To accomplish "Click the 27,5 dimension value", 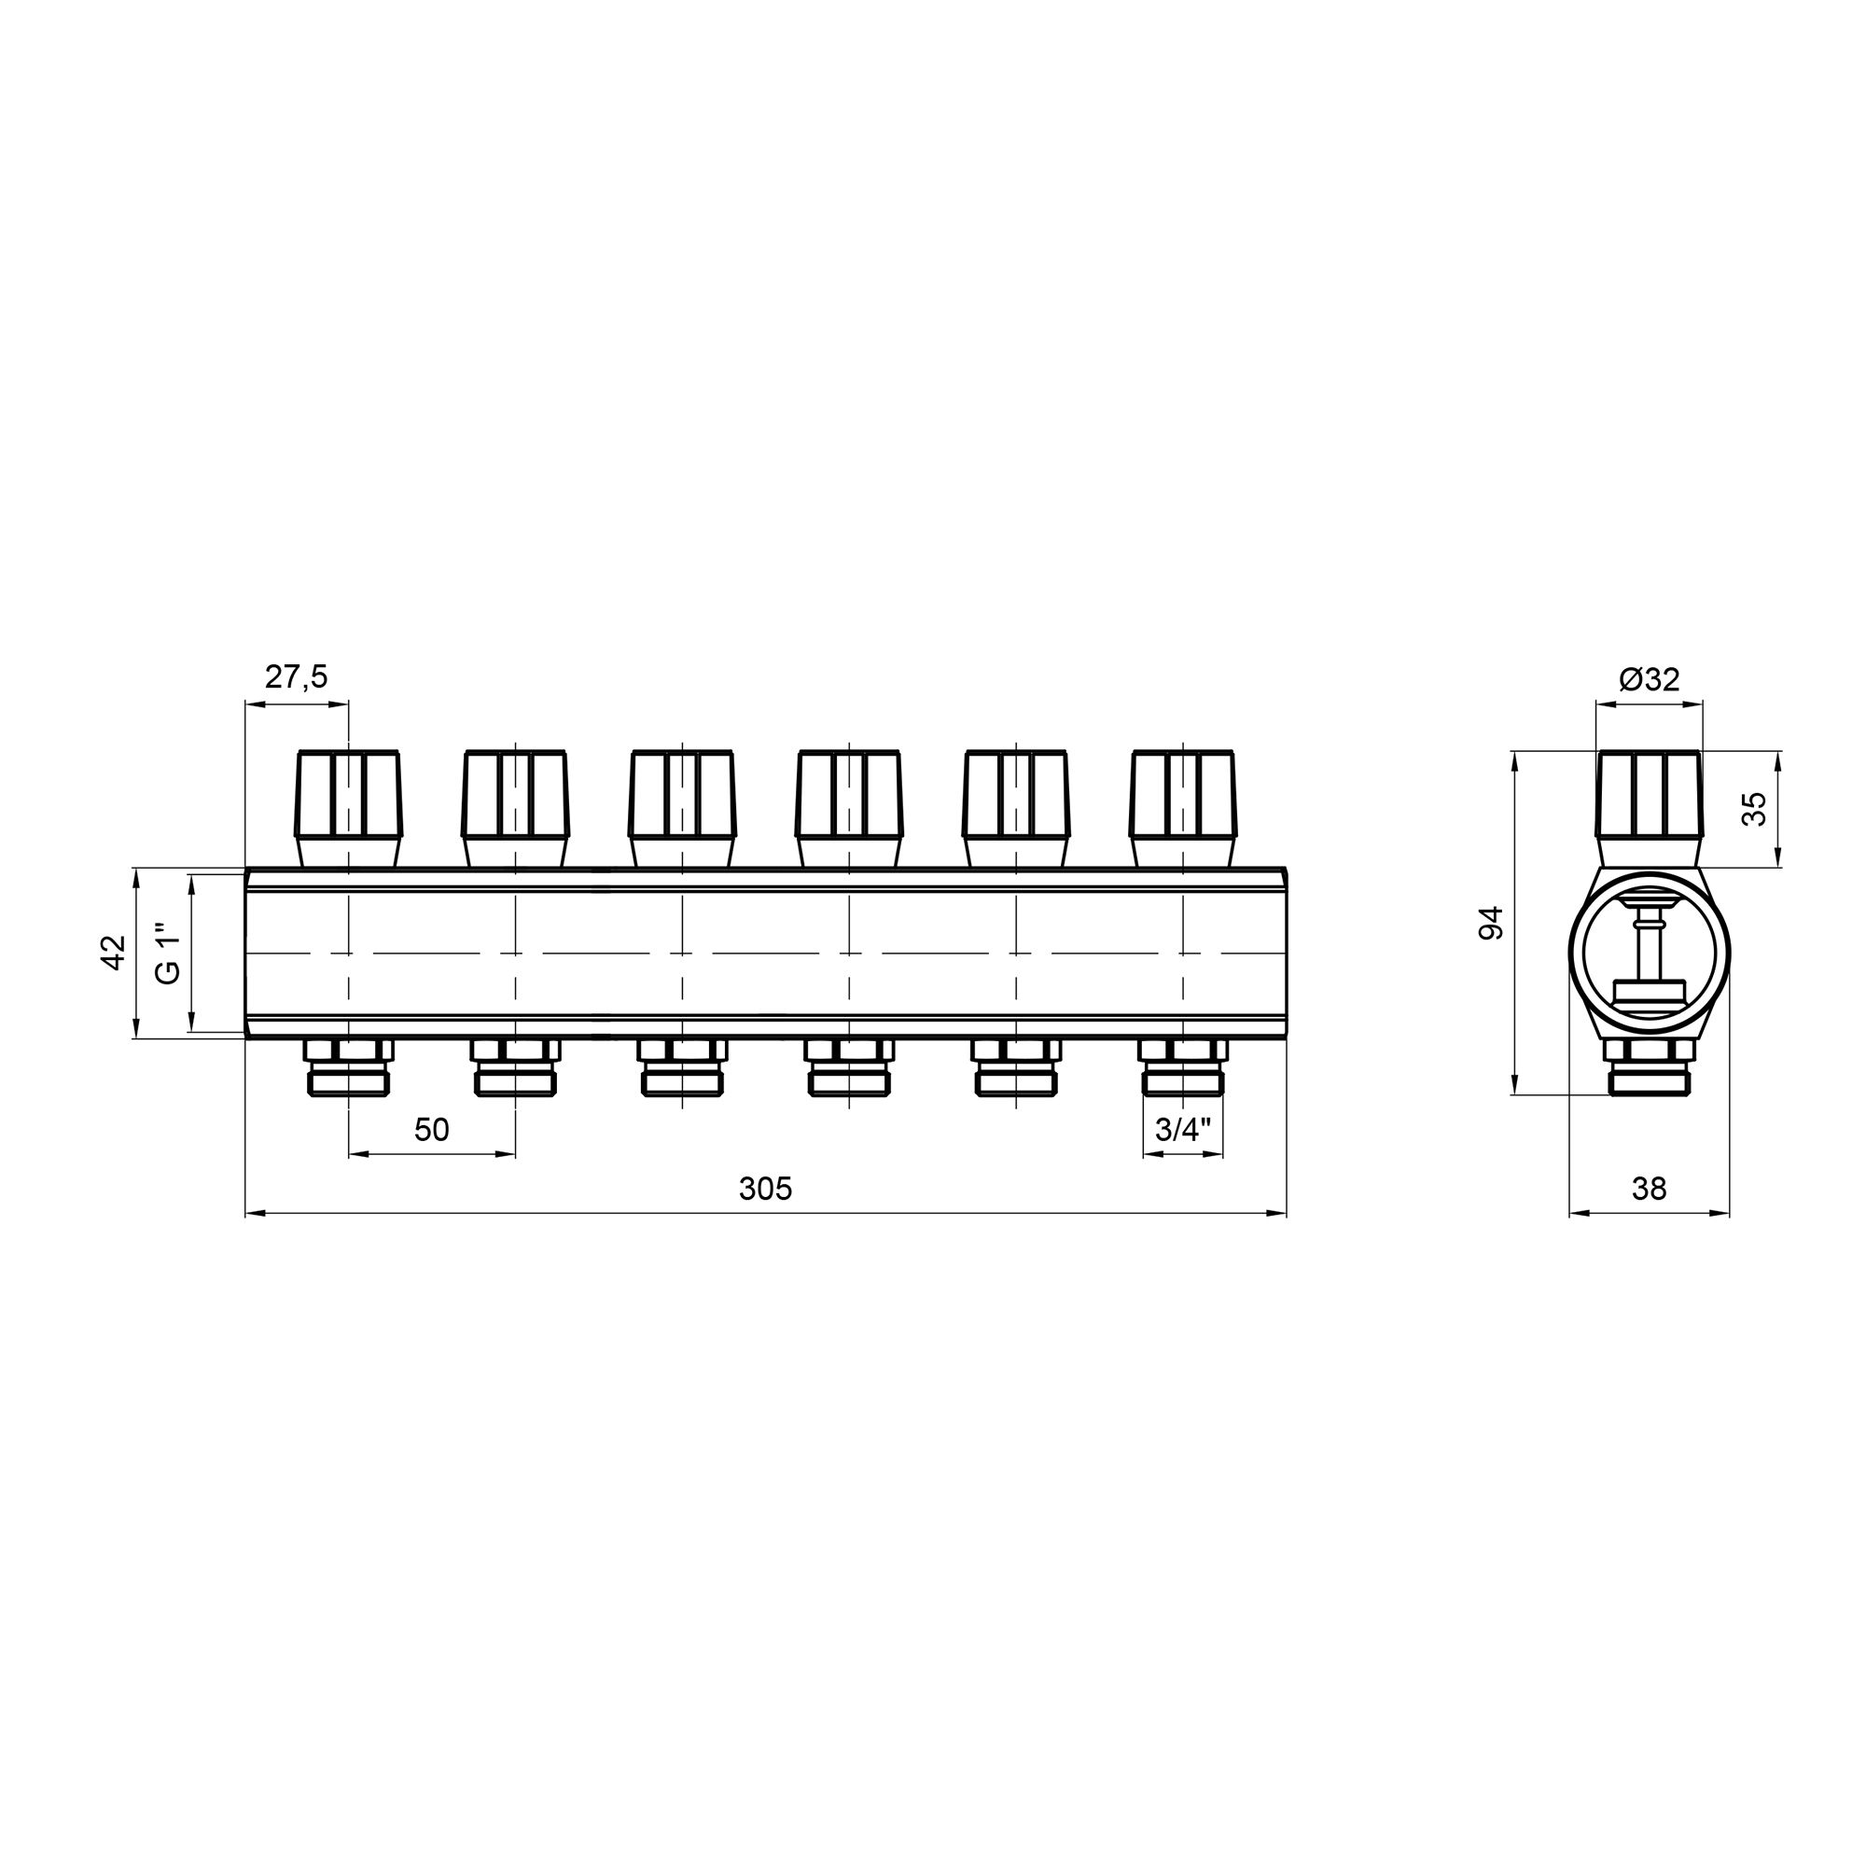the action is [297, 677].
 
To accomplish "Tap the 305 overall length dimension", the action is [765, 1188].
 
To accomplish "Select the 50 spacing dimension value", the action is [432, 1129].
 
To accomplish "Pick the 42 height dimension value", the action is [114, 954].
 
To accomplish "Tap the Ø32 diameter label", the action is [1650, 679].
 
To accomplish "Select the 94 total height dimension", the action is [1492, 923].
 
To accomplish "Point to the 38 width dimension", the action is [1650, 1188].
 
